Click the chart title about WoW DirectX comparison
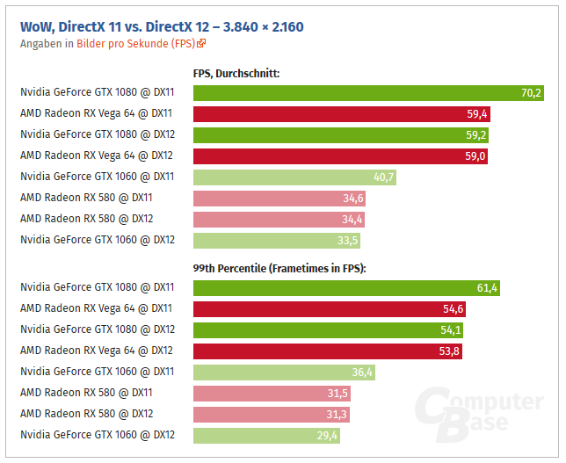pos(162,26)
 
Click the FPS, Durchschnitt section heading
pos(236,74)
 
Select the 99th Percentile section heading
pos(279,268)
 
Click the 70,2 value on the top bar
pos(531,93)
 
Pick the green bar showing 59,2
pos(340,135)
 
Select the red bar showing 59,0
pos(339,156)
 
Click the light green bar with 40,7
pos(294,177)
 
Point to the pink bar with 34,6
pos(279,198)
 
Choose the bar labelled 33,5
pos(276,240)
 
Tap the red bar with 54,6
pos(330,308)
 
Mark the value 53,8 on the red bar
pos(448,351)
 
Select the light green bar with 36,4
pos(284,372)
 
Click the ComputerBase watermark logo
pos(480,413)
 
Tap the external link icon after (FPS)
pos(201,42)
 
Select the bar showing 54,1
pos(328,329)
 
